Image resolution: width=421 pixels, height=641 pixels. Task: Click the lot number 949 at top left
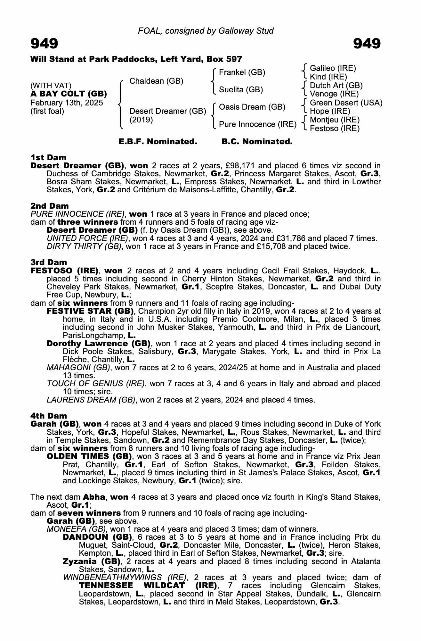pos(44,44)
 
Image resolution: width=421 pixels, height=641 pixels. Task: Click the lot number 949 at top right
pos(367,44)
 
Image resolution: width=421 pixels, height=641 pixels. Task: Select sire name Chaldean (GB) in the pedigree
pos(156,81)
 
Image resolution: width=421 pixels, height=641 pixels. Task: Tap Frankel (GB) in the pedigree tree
pos(242,72)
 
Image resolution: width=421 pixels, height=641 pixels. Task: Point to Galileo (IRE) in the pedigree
pos(333,68)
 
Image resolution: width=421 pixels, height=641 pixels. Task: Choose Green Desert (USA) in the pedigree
pos(346,103)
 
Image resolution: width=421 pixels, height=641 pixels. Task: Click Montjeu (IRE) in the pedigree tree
pos(335,120)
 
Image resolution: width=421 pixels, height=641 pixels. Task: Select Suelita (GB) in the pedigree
pos(241,90)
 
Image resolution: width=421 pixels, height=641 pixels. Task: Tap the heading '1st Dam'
pos(48,157)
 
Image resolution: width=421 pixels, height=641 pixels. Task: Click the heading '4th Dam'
pos(49,416)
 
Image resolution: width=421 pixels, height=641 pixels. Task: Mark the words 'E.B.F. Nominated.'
pos(158,142)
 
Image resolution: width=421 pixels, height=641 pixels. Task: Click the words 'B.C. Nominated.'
pos(257,142)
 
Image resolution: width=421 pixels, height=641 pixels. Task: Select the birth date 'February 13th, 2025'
pos(67,103)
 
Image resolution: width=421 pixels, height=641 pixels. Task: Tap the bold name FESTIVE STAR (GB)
pos(90,311)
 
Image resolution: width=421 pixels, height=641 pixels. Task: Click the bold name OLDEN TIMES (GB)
pos(89,456)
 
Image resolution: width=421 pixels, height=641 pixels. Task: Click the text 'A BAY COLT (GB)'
pos(69,94)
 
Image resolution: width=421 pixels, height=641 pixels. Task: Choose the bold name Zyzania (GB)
pos(92,561)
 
